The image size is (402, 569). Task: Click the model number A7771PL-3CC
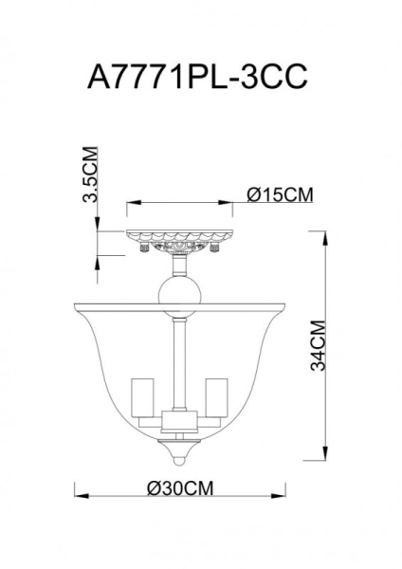pos(200,76)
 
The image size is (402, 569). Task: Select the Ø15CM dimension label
pos(279,194)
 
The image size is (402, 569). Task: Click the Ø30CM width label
pos(179,487)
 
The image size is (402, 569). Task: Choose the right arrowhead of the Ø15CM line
pos(229,203)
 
